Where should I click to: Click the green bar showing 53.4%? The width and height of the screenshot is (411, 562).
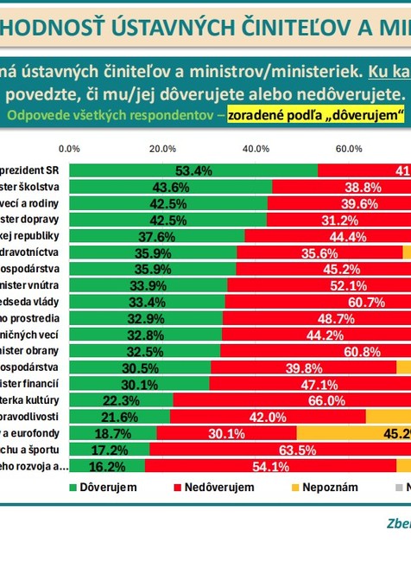(193, 170)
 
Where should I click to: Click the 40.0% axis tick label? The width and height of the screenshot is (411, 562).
(256, 149)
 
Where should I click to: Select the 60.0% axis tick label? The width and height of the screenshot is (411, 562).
(349, 149)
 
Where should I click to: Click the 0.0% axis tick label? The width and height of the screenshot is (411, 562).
(69, 149)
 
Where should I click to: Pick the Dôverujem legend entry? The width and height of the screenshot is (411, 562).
(103, 488)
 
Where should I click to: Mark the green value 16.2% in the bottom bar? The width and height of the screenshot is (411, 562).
(107, 466)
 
